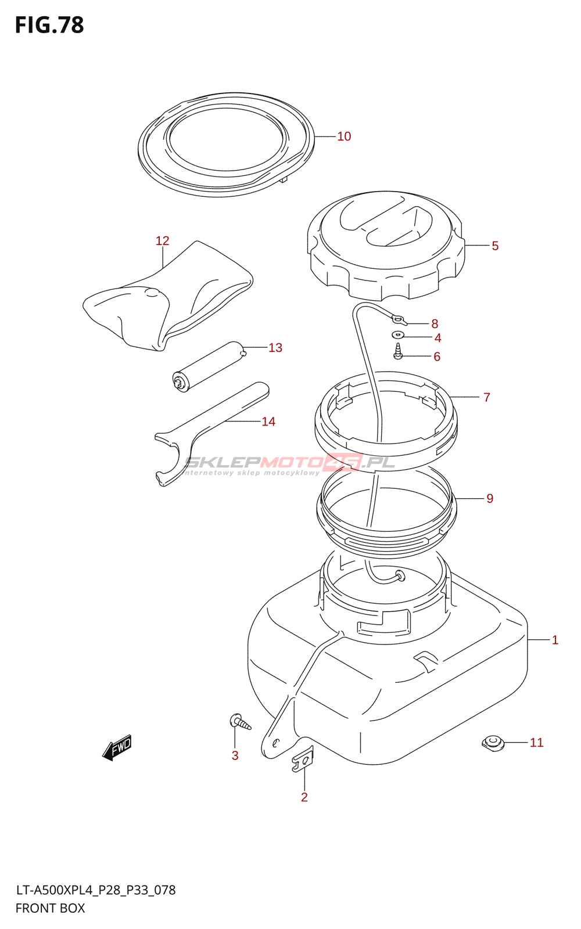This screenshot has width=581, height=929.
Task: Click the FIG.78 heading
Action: click(x=49, y=26)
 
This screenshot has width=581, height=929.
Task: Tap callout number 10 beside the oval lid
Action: click(x=344, y=136)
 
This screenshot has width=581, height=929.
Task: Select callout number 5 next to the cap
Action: click(x=495, y=246)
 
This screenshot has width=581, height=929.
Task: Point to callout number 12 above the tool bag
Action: click(x=162, y=241)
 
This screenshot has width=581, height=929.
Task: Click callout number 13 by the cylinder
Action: click(x=275, y=348)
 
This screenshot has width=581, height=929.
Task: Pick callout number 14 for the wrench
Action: click(x=268, y=422)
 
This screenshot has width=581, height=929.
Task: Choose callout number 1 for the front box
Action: click(x=555, y=640)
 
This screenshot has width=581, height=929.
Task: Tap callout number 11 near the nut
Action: click(x=536, y=743)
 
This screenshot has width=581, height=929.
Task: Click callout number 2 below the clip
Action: click(x=304, y=797)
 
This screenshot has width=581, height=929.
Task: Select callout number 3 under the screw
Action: click(x=235, y=755)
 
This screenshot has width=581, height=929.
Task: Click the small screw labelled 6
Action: click(x=398, y=352)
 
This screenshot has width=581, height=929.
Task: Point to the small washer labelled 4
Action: click(x=398, y=335)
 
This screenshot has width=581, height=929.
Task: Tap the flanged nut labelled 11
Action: click(x=493, y=743)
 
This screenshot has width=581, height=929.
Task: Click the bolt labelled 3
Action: click(x=240, y=722)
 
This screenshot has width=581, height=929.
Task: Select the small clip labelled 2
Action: click(x=302, y=761)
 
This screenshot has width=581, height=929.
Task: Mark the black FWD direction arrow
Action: click(x=117, y=748)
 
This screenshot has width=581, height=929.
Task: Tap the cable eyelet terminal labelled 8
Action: click(x=398, y=318)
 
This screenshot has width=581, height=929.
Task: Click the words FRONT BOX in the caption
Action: click(x=50, y=908)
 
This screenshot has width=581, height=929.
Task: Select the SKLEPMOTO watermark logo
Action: click(x=289, y=463)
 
